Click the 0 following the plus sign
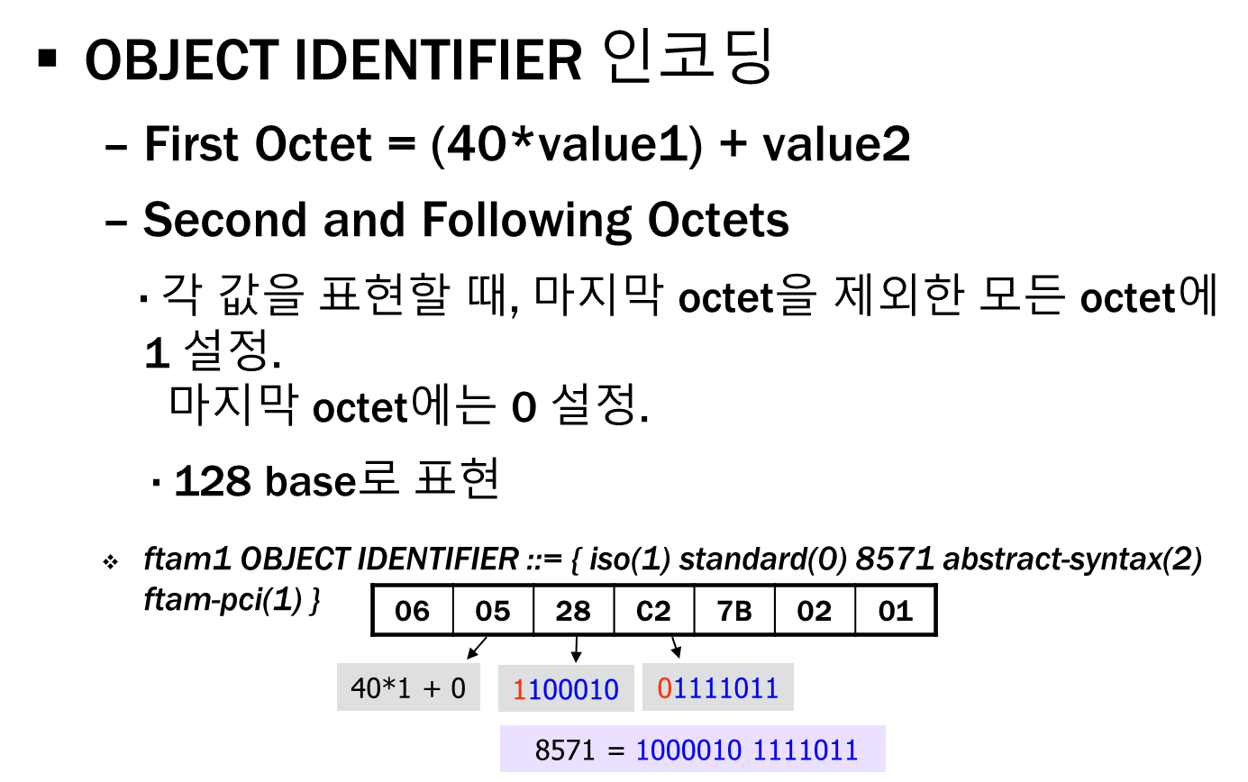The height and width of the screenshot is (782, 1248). tap(458, 688)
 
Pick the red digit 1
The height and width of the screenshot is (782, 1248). tap(519, 690)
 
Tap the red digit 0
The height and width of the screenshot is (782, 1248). tap(665, 688)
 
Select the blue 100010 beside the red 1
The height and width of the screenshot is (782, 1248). tap(573, 690)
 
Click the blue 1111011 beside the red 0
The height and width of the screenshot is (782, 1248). tap(726, 688)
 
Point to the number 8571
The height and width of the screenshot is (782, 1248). tap(565, 750)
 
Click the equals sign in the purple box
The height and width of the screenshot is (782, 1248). tap(616, 750)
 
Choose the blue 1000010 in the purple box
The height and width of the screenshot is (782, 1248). tap(689, 750)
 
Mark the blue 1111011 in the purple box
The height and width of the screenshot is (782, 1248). tap(806, 750)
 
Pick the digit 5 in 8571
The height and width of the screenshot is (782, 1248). tap(558, 750)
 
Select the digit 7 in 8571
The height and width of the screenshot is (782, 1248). tap(573, 750)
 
